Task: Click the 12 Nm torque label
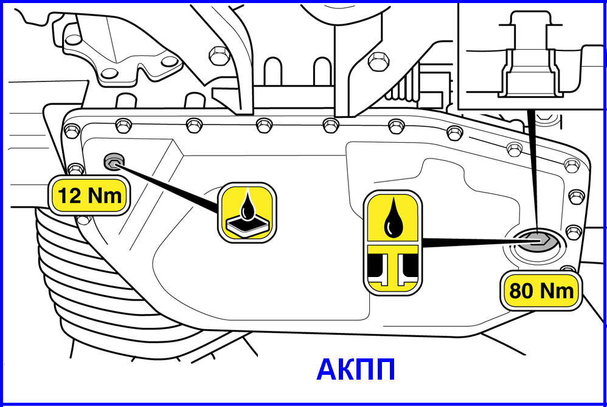89,196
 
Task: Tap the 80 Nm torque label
541,290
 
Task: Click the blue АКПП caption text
356,370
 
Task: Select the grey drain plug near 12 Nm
113,162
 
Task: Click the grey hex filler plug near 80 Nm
537,242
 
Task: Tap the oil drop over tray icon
246,212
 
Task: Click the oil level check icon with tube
392,243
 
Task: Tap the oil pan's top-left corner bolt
72,131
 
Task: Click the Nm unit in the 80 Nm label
558,291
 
